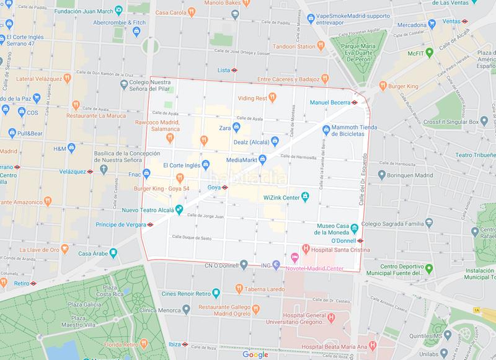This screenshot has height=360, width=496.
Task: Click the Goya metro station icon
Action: (x=224, y=187)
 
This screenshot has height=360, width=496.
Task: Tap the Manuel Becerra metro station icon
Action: (x=355, y=102)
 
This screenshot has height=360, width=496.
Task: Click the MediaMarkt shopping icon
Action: (x=262, y=159)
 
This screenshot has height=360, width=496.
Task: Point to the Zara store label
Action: (x=224, y=128)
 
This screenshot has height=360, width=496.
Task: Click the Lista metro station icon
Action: (x=236, y=71)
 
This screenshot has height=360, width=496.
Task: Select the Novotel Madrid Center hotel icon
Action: (x=295, y=257)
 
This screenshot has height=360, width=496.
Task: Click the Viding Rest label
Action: (x=252, y=98)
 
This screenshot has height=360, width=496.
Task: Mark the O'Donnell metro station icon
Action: (x=360, y=240)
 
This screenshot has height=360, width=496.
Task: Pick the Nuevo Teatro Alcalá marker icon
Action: (x=179, y=209)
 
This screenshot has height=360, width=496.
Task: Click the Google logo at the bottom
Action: (x=255, y=354)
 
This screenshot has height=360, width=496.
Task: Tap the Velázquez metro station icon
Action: (x=91, y=171)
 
